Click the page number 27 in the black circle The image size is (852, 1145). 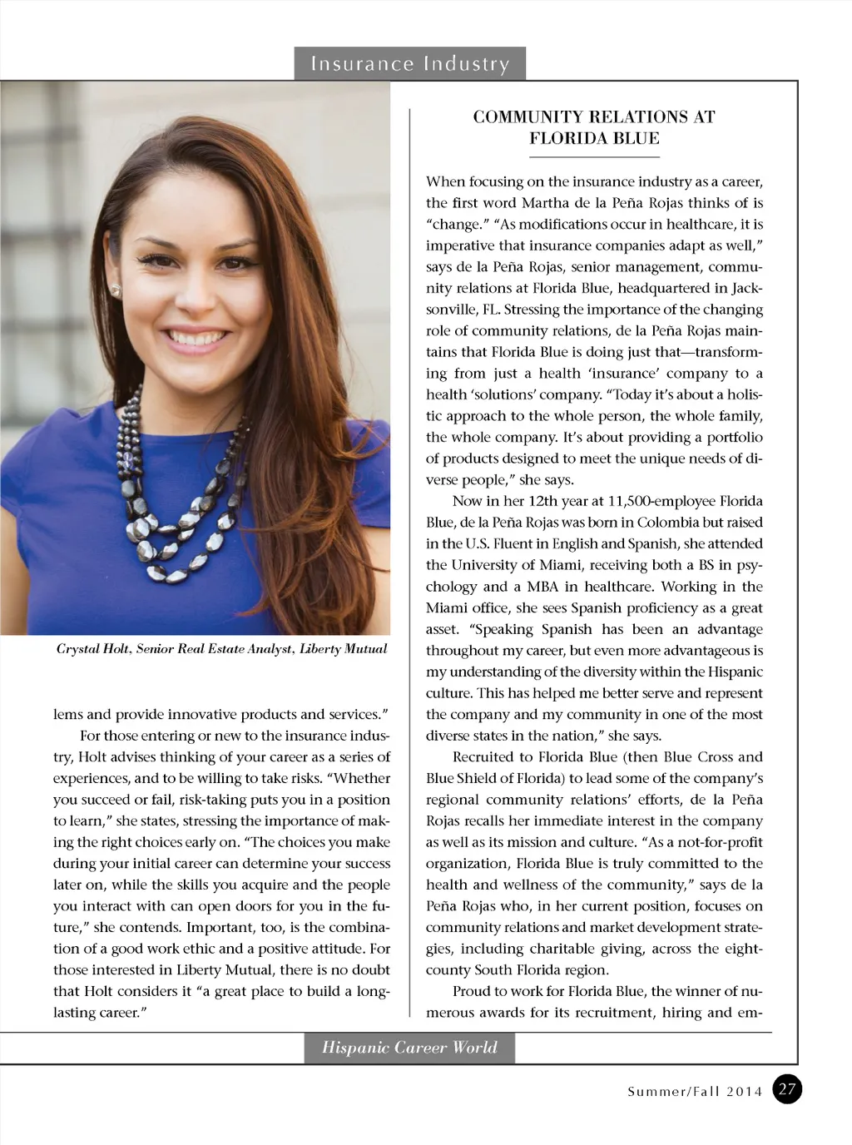click(x=787, y=1090)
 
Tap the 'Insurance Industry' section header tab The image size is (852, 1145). click(x=409, y=64)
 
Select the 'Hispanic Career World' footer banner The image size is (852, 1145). click(x=409, y=1048)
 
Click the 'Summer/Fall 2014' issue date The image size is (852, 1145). click(x=694, y=1092)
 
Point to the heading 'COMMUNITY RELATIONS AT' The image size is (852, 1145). click(x=593, y=117)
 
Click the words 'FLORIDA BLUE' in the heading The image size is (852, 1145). click(x=593, y=138)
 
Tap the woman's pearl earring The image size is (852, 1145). click(x=115, y=290)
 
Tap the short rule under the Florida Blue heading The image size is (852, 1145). click(x=593, y=156)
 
